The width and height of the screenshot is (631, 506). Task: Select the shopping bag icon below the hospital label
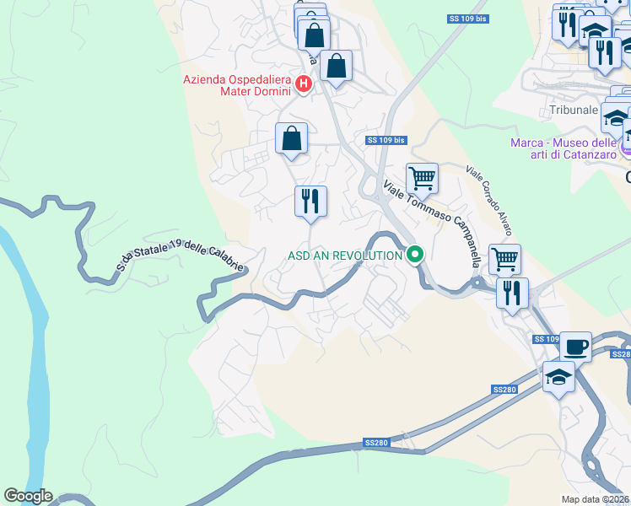click(291, 138)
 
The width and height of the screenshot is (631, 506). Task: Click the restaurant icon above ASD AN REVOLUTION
click(310, 202)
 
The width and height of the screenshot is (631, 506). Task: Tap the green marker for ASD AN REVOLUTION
click(414, 254)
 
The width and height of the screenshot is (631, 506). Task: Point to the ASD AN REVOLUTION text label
click(344, 255)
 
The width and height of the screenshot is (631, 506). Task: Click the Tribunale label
click(573, 110)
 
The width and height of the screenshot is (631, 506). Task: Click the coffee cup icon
click(575, 347)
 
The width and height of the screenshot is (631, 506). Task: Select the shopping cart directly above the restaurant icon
click(504, 260)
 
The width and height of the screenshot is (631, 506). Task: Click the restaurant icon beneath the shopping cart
click(512, 293)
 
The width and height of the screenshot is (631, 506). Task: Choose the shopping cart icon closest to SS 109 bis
click(422, 179)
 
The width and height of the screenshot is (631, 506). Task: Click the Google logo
click(28, 496)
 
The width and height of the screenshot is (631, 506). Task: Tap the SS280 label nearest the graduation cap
click(504, 389)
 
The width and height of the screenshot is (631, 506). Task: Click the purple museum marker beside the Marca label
click(625, 148)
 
